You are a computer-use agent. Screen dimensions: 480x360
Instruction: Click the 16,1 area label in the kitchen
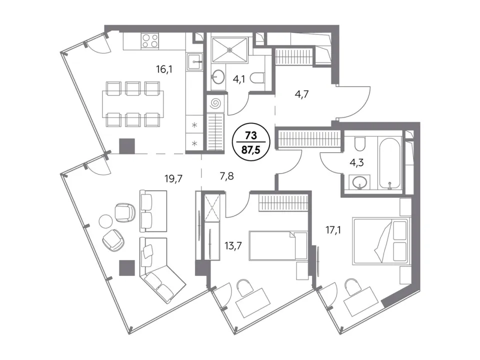coord(164,69)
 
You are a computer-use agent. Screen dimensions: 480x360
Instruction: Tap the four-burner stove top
coord(150,41)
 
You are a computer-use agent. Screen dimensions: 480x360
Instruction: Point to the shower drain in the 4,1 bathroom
coord(229,49)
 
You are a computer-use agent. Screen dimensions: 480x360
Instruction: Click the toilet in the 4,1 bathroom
coord(257,78)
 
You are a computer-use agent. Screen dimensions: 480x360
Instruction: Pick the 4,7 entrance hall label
coord(301,94)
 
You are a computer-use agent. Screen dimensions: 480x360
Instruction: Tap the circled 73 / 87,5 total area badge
coord(251,141)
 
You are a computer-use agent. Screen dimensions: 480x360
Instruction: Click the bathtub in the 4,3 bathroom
coord(390,163)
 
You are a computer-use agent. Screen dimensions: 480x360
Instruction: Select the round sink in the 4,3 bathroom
coord(359,183)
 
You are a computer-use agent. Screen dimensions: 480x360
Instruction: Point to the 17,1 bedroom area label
coord(333,229)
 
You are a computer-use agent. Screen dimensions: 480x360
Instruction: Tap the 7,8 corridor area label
coord(227,176)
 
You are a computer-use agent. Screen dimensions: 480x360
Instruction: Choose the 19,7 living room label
coord(173,178)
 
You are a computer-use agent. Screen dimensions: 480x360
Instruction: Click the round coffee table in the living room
coord(106,221)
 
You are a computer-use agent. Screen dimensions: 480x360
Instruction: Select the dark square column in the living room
coord(126,267)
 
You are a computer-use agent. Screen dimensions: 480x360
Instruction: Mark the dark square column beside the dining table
coord(126,145)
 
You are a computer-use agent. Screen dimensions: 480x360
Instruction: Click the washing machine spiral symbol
coord(215,103)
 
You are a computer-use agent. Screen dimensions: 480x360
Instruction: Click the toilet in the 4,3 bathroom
coord(359,143)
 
